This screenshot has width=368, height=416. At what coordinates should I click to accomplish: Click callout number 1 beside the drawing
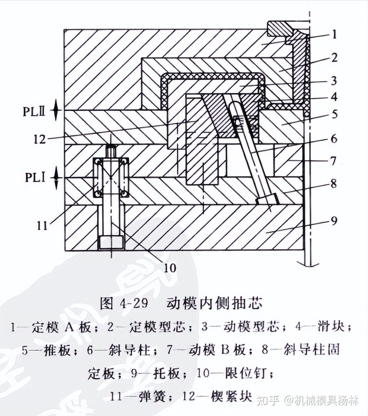[334, 34]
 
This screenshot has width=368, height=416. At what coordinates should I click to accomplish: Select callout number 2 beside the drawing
[334, 57]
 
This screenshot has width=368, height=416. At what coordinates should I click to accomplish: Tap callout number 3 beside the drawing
[334, 81]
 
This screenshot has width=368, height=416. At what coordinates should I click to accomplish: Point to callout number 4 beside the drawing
[334, 96]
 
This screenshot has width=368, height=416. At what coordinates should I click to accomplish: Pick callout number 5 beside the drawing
[334, 114]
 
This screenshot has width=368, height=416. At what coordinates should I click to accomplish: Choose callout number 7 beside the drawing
[334, 161]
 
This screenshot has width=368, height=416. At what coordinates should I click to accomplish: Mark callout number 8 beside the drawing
[334, 183]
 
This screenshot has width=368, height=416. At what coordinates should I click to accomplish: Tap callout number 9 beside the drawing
[334, 221]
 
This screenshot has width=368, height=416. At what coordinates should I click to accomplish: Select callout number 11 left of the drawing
[42, 225]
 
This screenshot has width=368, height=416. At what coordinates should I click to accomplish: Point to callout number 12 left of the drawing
[40, 139]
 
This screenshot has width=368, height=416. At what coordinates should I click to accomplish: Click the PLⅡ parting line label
[34, 111]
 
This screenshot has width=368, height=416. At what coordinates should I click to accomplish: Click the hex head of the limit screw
[111, 243]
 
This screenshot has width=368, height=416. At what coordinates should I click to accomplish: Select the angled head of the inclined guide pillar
[267, 200]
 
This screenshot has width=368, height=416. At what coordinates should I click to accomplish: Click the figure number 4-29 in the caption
[134, 303]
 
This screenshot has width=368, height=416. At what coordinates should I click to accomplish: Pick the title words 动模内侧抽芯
[214, 303]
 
